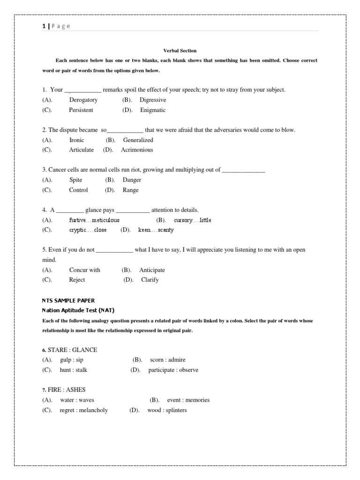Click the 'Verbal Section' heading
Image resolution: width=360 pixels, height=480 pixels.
pyautogui.click(x=180, y=51)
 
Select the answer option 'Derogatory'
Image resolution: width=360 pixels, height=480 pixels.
pyautogui.click(x=83, y=100)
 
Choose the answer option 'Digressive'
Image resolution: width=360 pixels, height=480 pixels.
pyautogui.click(x=153, y=100)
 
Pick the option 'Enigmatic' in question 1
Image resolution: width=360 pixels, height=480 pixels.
pyautogui.click(x=153, y=110)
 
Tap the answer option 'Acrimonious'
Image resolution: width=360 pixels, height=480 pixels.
pyautogui.click(x=137, y=150)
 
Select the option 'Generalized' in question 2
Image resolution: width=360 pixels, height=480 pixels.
pyautogui.click(x=138, y=140)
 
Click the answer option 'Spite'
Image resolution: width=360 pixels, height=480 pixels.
pyautogui.click(x=76, y=180)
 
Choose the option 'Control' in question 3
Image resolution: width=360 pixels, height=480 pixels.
pyautogui.click(x=78, y=190)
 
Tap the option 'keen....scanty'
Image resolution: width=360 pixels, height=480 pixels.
pyautogui.click(x=156, y=230)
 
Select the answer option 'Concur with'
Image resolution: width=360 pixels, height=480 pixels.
pyautogui.click(x=85, y=270)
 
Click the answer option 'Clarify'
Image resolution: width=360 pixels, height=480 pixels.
pyautogui.click(x=150, y=280)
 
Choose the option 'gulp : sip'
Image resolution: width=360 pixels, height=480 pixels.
pyautogui.click(x=72, y=360)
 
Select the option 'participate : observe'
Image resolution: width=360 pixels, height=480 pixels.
pyautogui.click(x=173, y=370)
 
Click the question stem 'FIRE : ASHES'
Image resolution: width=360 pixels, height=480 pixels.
pyautogui.click(x=69, y=390)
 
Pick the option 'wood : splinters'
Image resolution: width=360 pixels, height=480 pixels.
pyautogui.click(x=167, y=410)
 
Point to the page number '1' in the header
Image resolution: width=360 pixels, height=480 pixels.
pyautogui.click(x=44, y=26)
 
